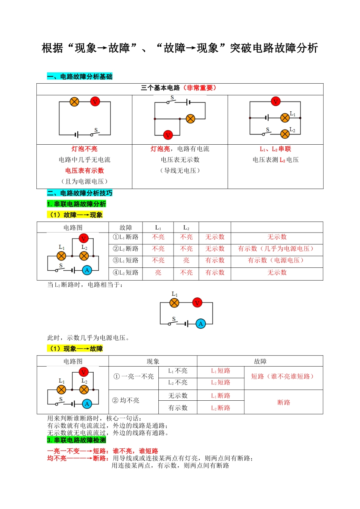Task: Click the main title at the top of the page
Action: point(180,48)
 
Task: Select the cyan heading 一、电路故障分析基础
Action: point(80,77)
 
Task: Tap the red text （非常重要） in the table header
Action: point(200,88)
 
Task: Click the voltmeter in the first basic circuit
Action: point(95,101)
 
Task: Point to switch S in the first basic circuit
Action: point(94,133)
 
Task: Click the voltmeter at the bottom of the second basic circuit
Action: point(168,134)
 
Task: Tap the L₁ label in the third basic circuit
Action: point(293,114)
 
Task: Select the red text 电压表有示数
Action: point(85,170)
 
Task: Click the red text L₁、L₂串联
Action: point(275,149)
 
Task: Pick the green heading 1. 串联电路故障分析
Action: point(77,204)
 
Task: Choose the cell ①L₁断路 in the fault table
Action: point(125,237)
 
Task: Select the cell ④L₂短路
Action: point(125,273)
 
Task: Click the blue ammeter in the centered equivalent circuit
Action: point(201,323)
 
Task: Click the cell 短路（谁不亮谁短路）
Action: point(283,376)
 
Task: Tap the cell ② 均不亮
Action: point(126,400)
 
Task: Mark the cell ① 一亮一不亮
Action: point(134,376)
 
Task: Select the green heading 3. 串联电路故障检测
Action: point(77,440)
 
